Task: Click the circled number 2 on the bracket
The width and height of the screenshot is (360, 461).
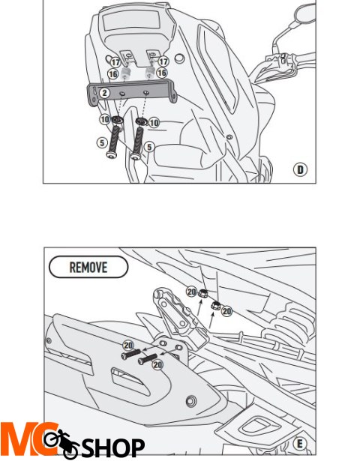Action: coord(104,93)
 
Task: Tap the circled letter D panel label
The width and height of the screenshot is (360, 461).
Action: coord(300,170)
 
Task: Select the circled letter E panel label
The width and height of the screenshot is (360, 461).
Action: coord(300,444)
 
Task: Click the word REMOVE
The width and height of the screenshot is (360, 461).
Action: coord(88,268)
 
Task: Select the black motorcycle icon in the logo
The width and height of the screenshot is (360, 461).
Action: coord(61,443)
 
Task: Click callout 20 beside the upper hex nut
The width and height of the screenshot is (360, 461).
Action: coord(191,292)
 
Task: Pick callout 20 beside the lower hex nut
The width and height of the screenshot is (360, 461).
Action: coord(226,311)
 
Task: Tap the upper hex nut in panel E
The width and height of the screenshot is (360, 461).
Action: coord(203,293)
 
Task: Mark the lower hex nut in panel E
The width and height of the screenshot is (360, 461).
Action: coord(215,305)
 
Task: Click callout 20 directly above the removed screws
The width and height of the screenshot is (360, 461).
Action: coord(128,345)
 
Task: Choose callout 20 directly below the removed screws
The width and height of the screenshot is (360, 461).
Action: coord(157,365)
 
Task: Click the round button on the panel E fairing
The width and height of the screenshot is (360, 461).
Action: coord(191,401)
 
